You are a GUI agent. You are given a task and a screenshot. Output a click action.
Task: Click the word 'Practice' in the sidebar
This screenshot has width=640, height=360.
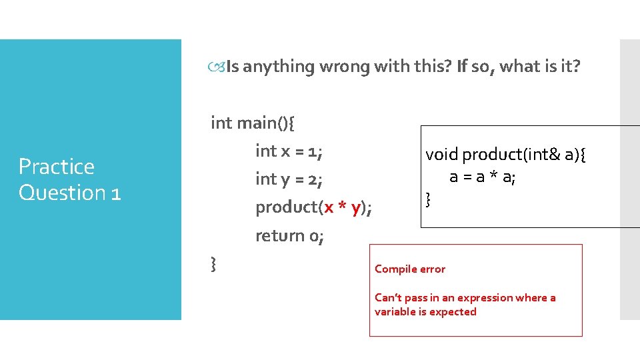click(57, 167)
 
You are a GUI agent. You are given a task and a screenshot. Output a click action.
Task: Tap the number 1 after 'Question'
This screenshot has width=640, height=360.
click(115, 193)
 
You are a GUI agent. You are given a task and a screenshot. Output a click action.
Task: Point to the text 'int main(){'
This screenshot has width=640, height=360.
click(254, 123)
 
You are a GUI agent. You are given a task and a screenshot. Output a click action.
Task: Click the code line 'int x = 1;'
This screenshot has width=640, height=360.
click(289, 151)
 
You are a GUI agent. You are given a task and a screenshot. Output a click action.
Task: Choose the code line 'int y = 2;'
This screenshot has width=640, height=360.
click(289, 179)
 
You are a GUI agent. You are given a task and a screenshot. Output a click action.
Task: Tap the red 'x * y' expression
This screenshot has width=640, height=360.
click(343, 207)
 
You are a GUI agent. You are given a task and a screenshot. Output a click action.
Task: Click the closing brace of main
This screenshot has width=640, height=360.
click(213, 265)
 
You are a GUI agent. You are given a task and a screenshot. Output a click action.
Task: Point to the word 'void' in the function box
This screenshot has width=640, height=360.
click(442, 155)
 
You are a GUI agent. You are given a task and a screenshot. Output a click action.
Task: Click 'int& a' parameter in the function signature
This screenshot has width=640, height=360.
click(554, 155)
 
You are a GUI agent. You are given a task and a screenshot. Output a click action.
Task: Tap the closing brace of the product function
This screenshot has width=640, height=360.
click(428, 198)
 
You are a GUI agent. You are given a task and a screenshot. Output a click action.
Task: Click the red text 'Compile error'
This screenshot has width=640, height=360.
click(410, 269)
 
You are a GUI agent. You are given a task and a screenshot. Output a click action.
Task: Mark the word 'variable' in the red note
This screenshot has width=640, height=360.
click(395, 312)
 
